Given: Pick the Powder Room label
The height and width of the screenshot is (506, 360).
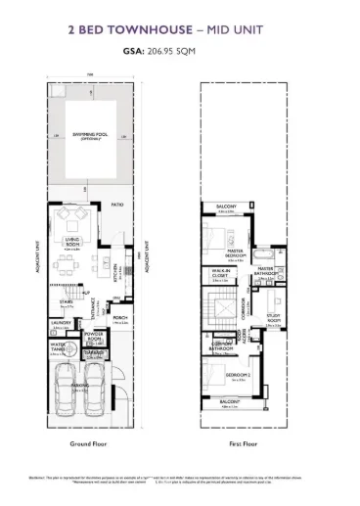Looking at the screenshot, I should coord(95,335).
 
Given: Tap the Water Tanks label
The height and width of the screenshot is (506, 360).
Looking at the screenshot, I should coord(59,345).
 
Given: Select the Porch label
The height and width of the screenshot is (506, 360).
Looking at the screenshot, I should coord(120,319).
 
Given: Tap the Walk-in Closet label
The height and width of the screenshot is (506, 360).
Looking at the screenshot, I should coord(220,275).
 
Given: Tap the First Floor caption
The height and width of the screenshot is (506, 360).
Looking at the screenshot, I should coord(242,443).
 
